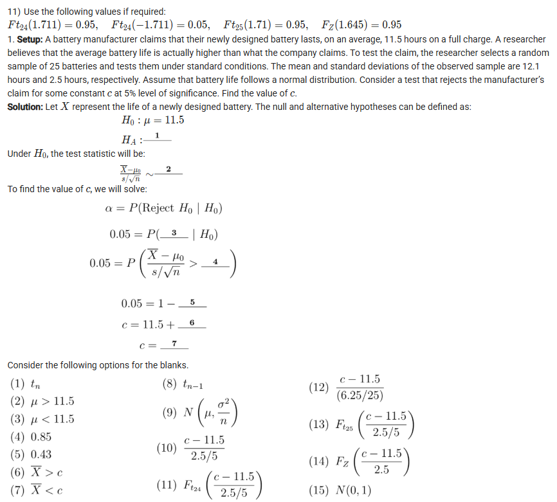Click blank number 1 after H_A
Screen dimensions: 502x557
(x=158, y=138)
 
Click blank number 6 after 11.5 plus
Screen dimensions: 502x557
(x=192, y=325)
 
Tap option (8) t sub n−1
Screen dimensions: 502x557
(x=183, y=384)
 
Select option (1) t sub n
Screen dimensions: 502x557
(x=26, y=384)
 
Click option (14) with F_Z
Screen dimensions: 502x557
(x=363, y=462)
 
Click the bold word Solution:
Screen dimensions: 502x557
(x=26, y=107)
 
